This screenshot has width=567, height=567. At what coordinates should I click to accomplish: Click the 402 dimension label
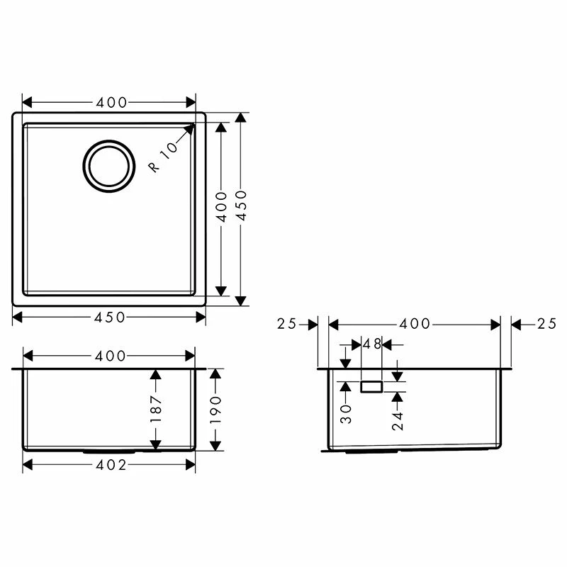(109, 465)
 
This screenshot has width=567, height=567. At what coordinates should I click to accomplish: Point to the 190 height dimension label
(216, 410)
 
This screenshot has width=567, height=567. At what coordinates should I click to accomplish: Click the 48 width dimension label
(372, 344)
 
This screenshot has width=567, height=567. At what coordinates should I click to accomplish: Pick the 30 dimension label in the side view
(345, 412)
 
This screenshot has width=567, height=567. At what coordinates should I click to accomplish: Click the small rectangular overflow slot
(372, 387)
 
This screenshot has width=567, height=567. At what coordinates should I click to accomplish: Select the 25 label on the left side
(287, 324)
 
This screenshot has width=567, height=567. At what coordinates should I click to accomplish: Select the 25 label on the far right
(546, 324)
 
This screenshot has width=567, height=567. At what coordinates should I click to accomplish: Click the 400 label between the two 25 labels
(415, 324)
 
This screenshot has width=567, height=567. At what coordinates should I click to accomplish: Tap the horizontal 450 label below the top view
(109, 317)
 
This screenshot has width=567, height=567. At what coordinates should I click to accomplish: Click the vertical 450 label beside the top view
(241, 206)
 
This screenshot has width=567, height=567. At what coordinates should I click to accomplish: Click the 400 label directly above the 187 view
(109, 355)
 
